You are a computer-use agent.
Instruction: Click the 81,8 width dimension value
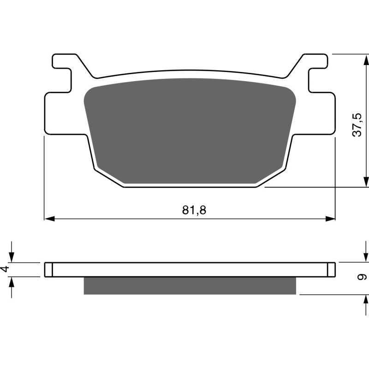(194, 210)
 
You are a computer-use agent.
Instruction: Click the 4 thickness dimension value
(6, 269)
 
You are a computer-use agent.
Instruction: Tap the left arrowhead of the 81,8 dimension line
(49, 218)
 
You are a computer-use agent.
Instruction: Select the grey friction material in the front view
(189, 129)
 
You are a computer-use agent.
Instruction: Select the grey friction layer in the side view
(189, 286)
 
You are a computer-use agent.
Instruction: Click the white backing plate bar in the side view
(189, 270)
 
